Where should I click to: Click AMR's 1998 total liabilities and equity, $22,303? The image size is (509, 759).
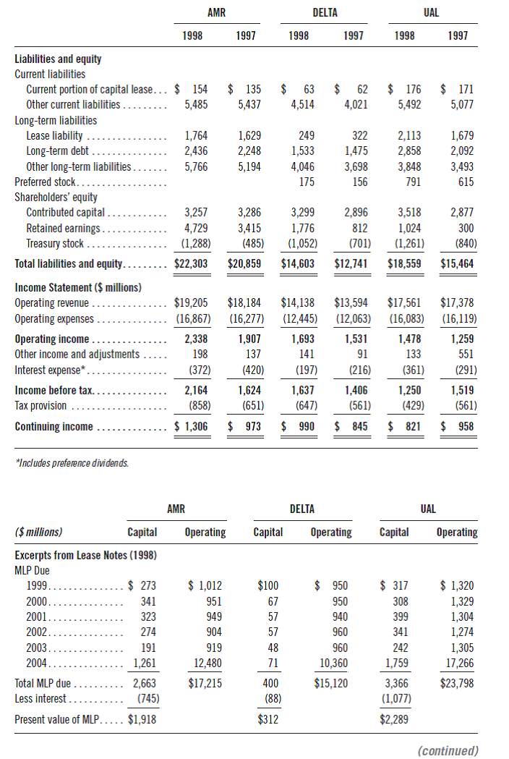point(191,264)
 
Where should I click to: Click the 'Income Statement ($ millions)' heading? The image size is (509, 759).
point(78,287)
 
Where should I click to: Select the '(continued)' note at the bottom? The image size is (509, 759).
point(448,750)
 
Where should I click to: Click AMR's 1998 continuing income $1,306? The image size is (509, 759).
point(191,426)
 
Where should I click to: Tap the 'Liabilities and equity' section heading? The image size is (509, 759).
point(58,59)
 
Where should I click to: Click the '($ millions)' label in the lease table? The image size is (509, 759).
point(38,532)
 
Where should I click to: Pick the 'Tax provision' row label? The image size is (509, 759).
point(40,405)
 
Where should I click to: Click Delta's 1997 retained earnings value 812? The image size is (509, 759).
point(356,228)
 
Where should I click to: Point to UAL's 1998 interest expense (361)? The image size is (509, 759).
point(409,370)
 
